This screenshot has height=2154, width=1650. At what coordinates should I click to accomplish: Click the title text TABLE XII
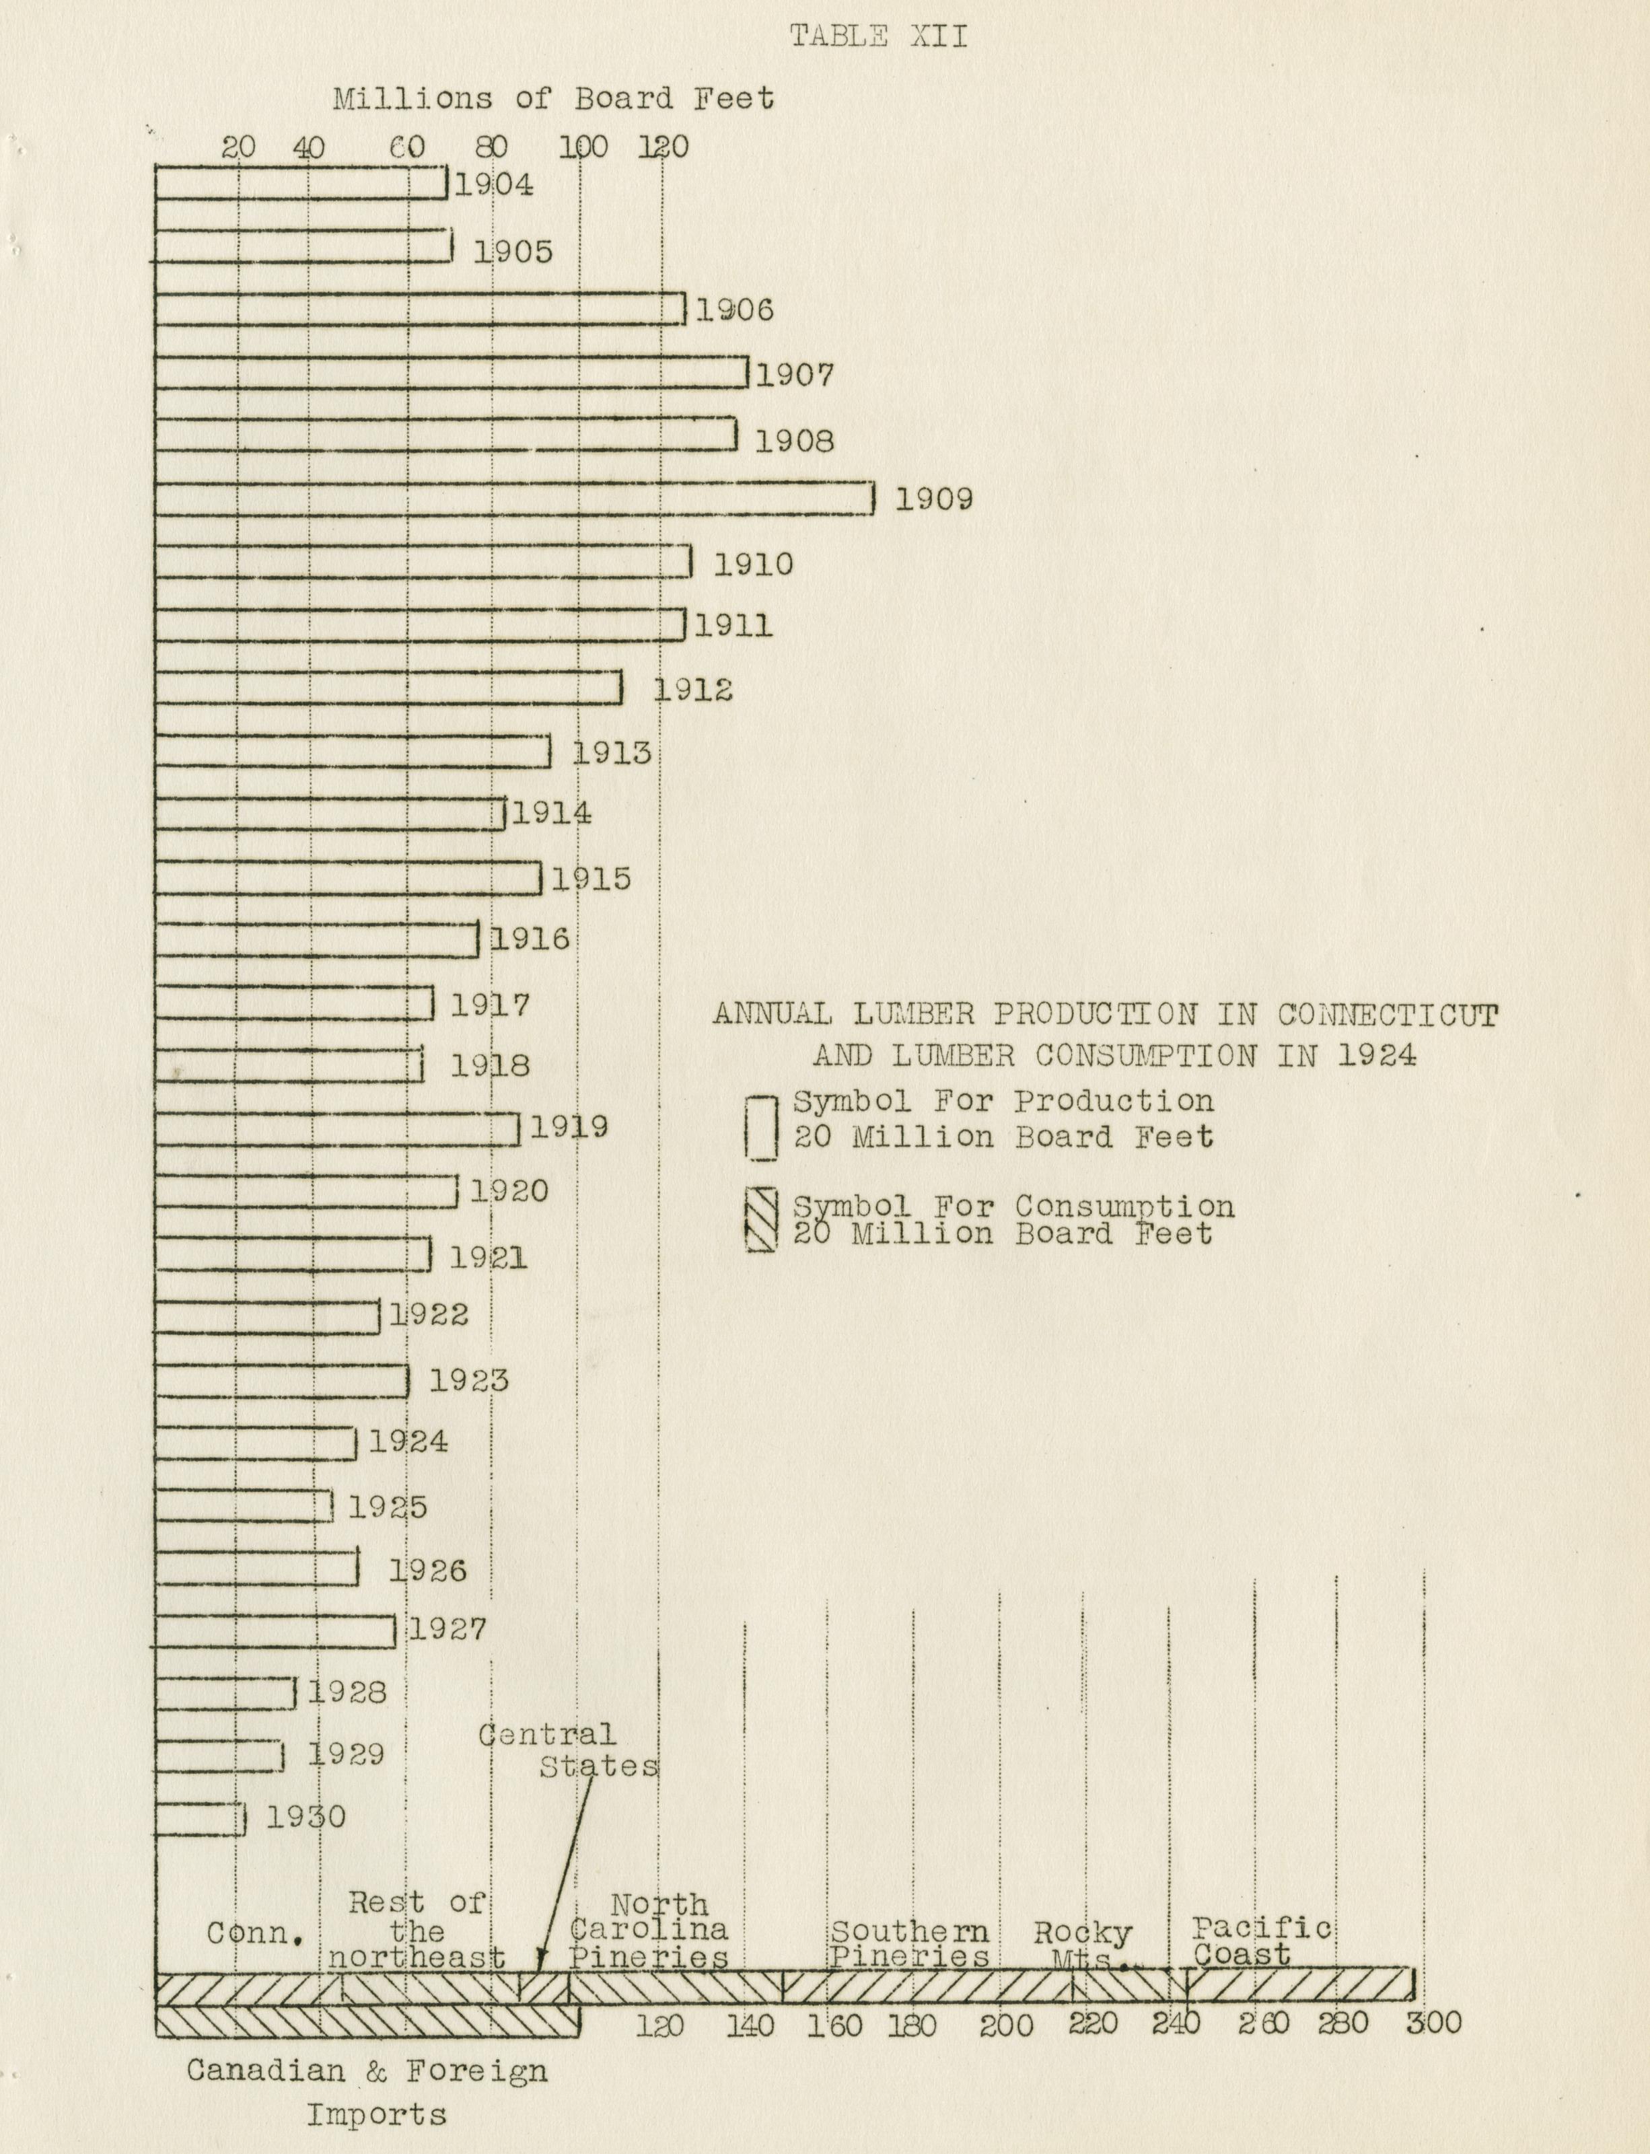coord(878,36)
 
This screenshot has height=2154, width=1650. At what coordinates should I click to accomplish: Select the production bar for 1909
coord(513,498)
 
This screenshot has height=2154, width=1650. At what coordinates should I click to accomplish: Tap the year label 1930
coord(306,1816)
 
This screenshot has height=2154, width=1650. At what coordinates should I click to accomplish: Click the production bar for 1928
coord(225,1692)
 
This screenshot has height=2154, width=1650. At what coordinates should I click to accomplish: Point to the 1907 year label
coord(795,374)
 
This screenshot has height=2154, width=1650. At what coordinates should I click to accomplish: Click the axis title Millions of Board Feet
coord(553,98)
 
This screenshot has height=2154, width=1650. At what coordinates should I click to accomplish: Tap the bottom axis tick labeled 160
coord(835,2025)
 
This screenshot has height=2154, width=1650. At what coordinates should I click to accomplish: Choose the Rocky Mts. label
coord(1082,1946)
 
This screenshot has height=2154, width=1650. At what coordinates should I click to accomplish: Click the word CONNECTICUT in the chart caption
coord(1388,1015)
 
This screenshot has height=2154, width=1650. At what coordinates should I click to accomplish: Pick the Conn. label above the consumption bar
coord(255,1934)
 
